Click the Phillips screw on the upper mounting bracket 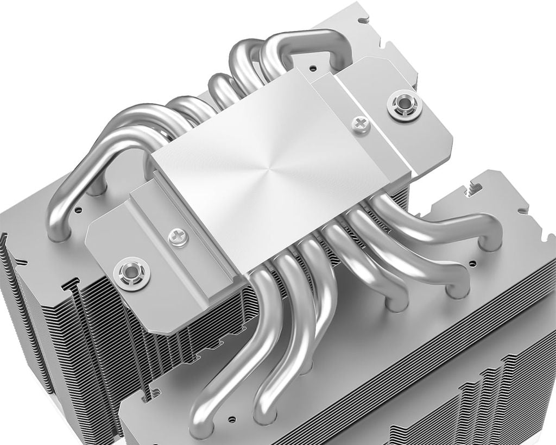[361, 124]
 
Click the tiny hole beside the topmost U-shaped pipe [314, 70]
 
